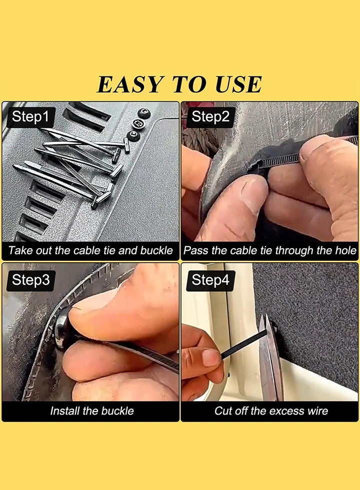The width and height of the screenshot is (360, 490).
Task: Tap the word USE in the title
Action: tap(238, 84)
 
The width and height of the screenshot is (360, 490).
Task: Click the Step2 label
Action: tap(210, 117)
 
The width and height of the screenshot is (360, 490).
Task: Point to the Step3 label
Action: tap(30, 280)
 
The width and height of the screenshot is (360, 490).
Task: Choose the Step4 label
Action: tap(210, 280)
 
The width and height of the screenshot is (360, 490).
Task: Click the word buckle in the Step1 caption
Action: tap(156, 250)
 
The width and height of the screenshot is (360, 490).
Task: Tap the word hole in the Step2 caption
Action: tap(345, 250)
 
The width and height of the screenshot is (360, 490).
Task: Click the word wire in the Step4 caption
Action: tap(317, 411)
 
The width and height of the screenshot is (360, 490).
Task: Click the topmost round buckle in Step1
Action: tap(143, 113)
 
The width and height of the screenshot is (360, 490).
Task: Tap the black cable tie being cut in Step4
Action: tap(242, 345)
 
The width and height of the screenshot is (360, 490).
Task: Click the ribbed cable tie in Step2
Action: tap(280, 159)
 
